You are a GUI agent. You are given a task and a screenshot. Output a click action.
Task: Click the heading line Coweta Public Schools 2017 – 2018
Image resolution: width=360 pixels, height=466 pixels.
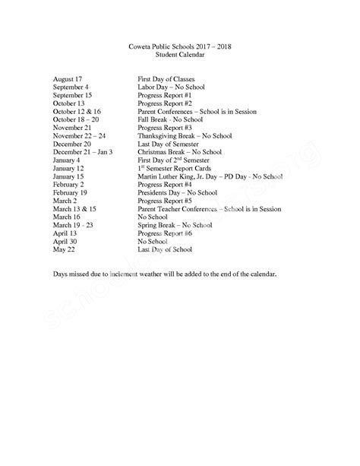pos(179,47)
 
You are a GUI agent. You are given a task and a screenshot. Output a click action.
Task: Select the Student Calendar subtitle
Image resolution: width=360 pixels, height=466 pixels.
pos(179,55)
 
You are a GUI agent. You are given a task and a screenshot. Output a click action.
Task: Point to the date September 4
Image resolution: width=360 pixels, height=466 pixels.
pos(73,87)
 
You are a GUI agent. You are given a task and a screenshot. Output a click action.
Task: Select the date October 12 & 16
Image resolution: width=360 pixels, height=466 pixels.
pos(77,111)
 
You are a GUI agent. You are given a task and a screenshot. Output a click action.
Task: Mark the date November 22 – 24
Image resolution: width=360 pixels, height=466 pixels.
pos(81,135)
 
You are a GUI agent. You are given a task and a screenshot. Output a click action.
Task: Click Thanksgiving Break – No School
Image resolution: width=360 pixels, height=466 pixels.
pos(184,135)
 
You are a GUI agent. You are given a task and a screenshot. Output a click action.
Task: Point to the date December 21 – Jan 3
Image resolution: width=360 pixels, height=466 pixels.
pos(83,151)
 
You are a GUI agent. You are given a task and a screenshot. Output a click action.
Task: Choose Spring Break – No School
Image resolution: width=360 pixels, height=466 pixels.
pos(175,224)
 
